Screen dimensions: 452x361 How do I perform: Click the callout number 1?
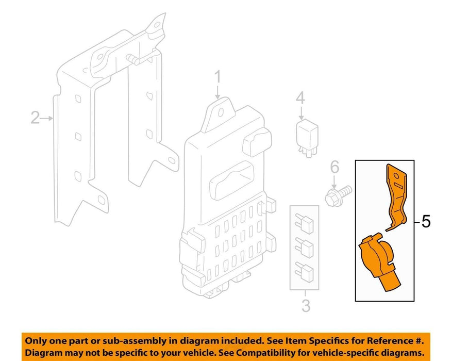pyautogui.click(x=217, y=76)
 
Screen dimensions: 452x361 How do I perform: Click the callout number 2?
pyautogui.click(x=35, y=118)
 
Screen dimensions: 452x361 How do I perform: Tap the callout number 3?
pyautogui.click(x=306, y=306)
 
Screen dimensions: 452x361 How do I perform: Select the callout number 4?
pyautogui.click(x=300, y=98)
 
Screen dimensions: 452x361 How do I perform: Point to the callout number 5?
pyautogui.click(x=426, y=222)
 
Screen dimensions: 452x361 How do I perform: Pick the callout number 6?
pyautogui.click(x=334, y=167)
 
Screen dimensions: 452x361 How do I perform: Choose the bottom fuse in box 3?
pyautogui.click(x=304, y=272)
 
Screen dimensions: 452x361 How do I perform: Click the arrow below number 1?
pyautogui.click(x=217, y=92)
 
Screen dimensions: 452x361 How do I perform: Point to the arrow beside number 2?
pyautogui.click(x=47, y=118)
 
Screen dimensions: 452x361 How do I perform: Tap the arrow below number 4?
pyautogui.click(x=301, y=113)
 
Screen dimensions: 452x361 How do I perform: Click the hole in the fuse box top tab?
pyautogui.click(x=221, y=112)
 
